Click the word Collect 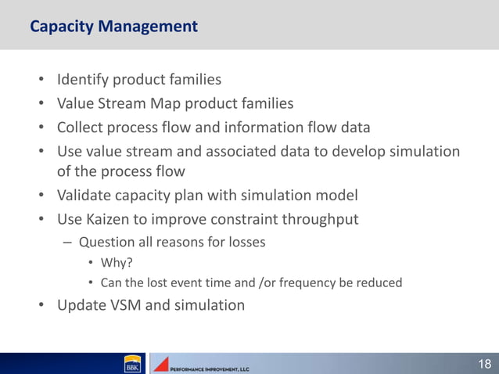(x=84, y=127)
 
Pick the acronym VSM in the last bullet (x=125, y=305)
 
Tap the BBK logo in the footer (x=131, y=365)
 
